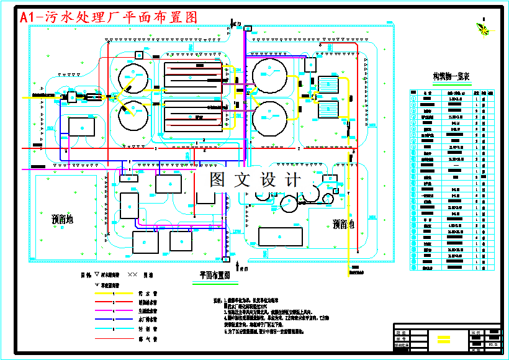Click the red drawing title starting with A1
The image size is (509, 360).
(109, 17)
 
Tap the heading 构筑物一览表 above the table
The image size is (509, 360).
(451, 77)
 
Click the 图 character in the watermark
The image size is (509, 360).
(217, 180)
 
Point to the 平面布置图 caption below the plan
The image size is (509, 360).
(215, 274)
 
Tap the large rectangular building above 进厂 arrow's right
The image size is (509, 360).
(281, 236)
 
